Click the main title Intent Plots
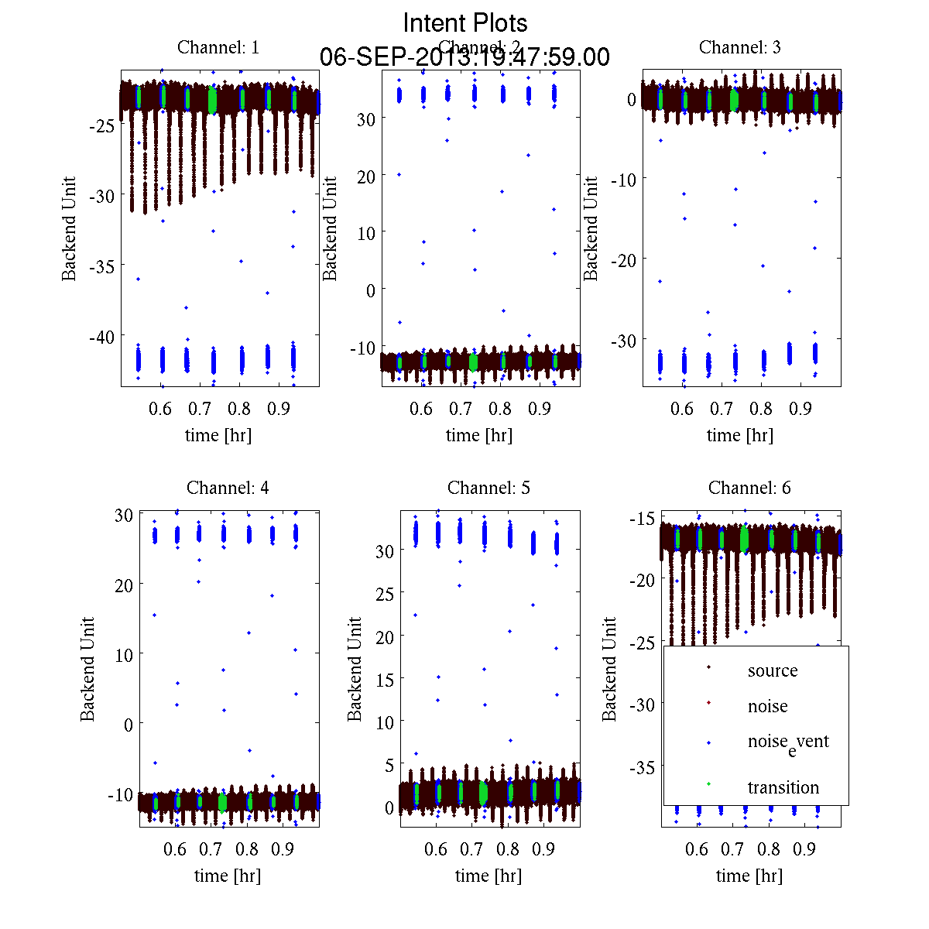(464, 22)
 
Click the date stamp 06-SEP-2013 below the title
(464, 57)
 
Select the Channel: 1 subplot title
(218, 47)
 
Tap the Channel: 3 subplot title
(739, 47)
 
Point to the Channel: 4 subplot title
(228, 488)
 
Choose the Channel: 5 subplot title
(488, 488)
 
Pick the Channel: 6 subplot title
(749, 488)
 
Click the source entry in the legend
(772, 670)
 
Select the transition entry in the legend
(783, 787)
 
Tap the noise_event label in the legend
(787, 742)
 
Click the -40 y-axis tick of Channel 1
(102, 337)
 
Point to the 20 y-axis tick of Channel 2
(366, 177)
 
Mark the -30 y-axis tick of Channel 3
(624, 341)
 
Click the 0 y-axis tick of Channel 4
(128, 725)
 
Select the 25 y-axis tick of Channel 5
(385, 594)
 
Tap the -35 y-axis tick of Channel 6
(642, 767)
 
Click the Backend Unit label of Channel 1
(70, 228)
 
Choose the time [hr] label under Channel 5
(488, 876)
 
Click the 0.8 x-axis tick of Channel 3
(762, 408)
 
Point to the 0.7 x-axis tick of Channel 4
(211, 849)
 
